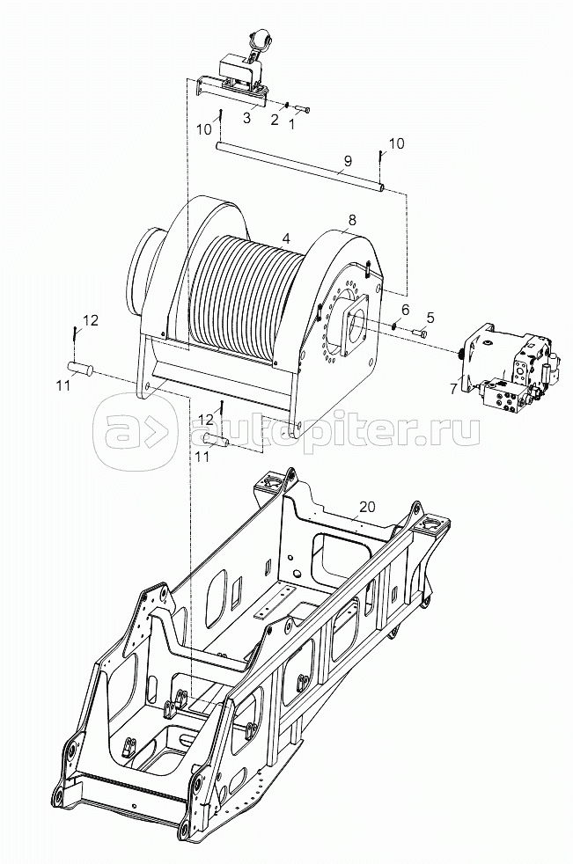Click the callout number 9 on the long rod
[x=347, y=161]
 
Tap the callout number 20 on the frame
[x=366, y=507]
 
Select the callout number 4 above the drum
[x=285, y=238]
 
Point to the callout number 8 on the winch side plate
[x=352, y=220]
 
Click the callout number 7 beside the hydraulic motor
[x=452, y=389]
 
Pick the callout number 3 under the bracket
[x=246, y=117]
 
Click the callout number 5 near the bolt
[x=430, y=318]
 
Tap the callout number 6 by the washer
[x=406, y=310]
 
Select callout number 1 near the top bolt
[x=292, y=124]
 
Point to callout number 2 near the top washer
[x=275, y=120]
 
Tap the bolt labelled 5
[x=420, y=333]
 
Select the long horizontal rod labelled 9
[x=299, y=166]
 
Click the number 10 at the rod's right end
[x=396, y=143]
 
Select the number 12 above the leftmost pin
[x=91, y=319]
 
